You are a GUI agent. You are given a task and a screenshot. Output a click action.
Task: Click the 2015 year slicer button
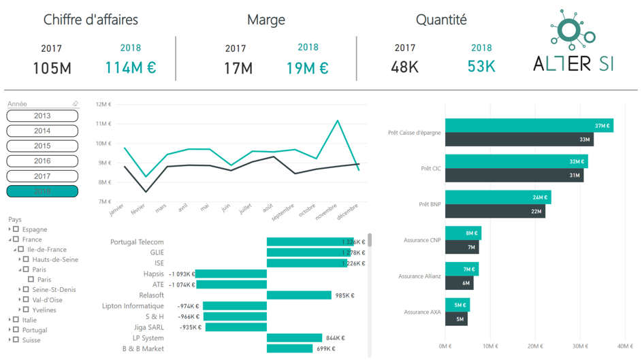(x=42, y=146)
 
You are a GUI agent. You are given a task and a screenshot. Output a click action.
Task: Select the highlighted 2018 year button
(x=42, y=191)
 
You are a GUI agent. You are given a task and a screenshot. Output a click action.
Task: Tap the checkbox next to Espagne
(x=16, y=229)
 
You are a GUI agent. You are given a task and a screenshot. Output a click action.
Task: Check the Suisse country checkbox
(x=16, y=340)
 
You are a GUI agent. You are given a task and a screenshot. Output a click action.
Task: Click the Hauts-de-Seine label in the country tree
(x=55, y=259)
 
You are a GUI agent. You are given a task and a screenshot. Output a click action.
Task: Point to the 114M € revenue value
(x=130, y=68)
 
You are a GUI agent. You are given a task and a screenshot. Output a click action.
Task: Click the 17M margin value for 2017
(x=238, y=69)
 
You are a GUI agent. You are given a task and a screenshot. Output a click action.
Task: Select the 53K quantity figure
(x=481, y=67)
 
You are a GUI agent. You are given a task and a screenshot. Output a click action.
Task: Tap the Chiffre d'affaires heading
(x=91, y=20)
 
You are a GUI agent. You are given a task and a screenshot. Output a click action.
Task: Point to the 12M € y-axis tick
(x=103, y=104)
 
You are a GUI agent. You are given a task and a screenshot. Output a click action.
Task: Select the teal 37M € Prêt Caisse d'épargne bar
(x=529, y=125)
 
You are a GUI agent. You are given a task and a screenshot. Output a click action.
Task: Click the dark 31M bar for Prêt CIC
(x=514, y=176)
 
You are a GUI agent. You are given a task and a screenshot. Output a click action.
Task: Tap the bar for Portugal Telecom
(x=310, y=242)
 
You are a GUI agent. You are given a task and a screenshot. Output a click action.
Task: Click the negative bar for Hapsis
(x=231, y=274)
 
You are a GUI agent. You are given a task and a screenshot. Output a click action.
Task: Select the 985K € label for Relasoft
(x=344, y=295)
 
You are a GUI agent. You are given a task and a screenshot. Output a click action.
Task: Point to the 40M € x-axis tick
(x=625, y=346)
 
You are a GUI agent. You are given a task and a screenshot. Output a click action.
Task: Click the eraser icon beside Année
(x=76, y=104)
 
